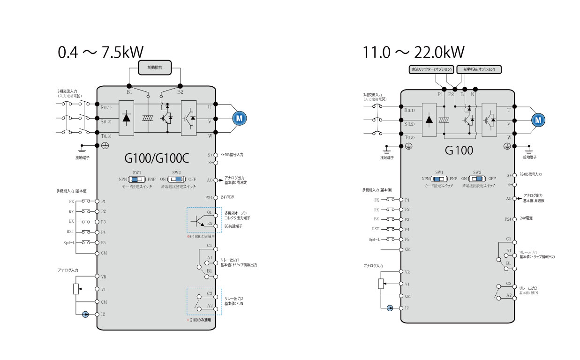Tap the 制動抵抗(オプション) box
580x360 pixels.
point(479,69)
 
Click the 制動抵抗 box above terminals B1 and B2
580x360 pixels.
point(154,67)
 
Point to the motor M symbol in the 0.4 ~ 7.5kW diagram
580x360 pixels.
point(239,119)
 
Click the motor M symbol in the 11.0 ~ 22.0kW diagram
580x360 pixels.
point(538,120)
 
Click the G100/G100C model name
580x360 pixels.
point(157,159)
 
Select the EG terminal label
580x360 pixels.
point(210,224)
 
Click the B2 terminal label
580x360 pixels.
point(180,92)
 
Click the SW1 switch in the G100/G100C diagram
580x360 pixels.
point(137,179)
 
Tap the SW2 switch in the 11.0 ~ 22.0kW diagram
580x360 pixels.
point(477,179)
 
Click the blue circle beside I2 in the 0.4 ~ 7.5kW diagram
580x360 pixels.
point(85,315)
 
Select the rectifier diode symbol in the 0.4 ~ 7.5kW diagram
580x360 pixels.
point(126,118)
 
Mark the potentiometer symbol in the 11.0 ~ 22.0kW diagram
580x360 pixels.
point(381,284)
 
